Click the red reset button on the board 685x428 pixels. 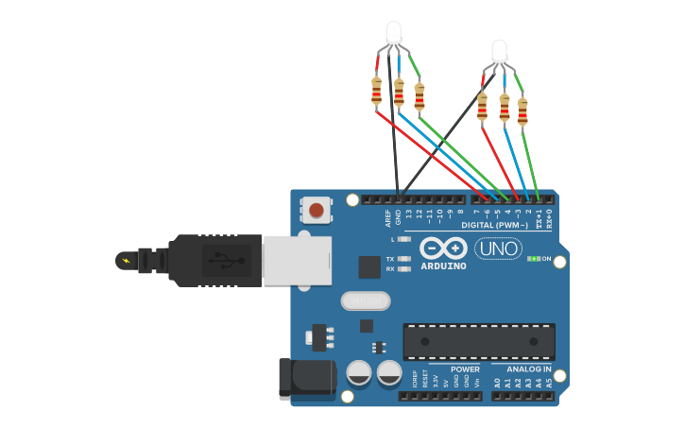[316, 210]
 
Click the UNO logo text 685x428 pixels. [498, 248]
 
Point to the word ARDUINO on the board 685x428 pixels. [443, 266]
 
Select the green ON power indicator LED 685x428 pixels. [534, 258]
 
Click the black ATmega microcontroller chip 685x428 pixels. [478, 341]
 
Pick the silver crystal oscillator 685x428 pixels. [365, 300]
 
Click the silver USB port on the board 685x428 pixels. [296, 260]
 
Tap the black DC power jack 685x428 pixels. [306, 377]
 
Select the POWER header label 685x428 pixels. [465, 369]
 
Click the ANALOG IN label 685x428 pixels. [528, 369]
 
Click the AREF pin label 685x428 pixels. [387, 218]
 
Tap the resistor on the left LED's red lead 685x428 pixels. [376, 91]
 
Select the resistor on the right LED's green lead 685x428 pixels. [522, 111]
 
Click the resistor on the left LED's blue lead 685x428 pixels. [399, 93]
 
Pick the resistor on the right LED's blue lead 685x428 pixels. [505, 109]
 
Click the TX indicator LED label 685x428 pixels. [390, 258]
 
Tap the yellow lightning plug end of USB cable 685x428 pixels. [125, 260]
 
